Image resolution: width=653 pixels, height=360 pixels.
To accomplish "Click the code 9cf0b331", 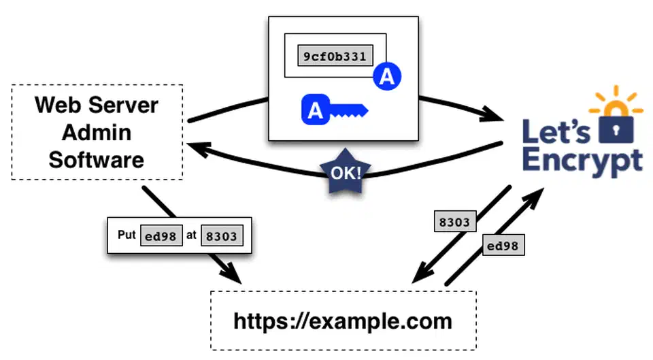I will (x=335, y=56).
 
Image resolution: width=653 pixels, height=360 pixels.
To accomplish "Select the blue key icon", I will (x=333, y=110).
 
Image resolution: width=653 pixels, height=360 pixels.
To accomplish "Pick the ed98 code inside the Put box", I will (x=161, y=236).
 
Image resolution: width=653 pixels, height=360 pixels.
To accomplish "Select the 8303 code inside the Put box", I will (x=222, y=236).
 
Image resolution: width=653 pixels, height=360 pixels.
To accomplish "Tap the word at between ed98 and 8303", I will (x=191, y=236).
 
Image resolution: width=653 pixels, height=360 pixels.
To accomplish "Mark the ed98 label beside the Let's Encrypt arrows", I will (x=504, y=246).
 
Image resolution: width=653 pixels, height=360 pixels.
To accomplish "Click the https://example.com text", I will (x=342, y=321).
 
